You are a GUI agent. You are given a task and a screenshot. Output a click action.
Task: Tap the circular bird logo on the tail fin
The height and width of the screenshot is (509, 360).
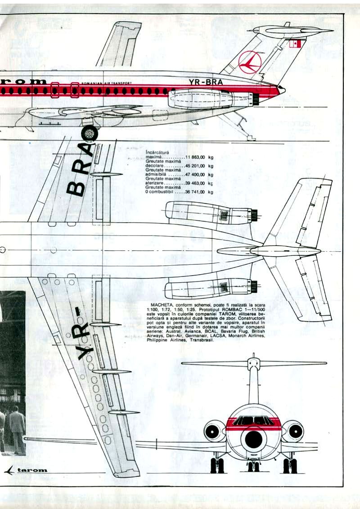250,62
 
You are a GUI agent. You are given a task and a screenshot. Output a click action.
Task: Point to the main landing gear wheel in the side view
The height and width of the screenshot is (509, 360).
90,134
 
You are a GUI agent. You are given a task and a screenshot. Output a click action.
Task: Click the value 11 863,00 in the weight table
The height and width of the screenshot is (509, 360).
195,157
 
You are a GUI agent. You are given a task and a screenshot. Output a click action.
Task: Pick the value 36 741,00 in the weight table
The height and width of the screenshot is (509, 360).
195,192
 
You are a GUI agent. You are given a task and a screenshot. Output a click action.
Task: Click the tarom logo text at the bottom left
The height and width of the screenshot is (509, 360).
32,470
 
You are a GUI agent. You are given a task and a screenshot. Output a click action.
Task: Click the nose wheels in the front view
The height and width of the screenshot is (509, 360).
253,466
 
